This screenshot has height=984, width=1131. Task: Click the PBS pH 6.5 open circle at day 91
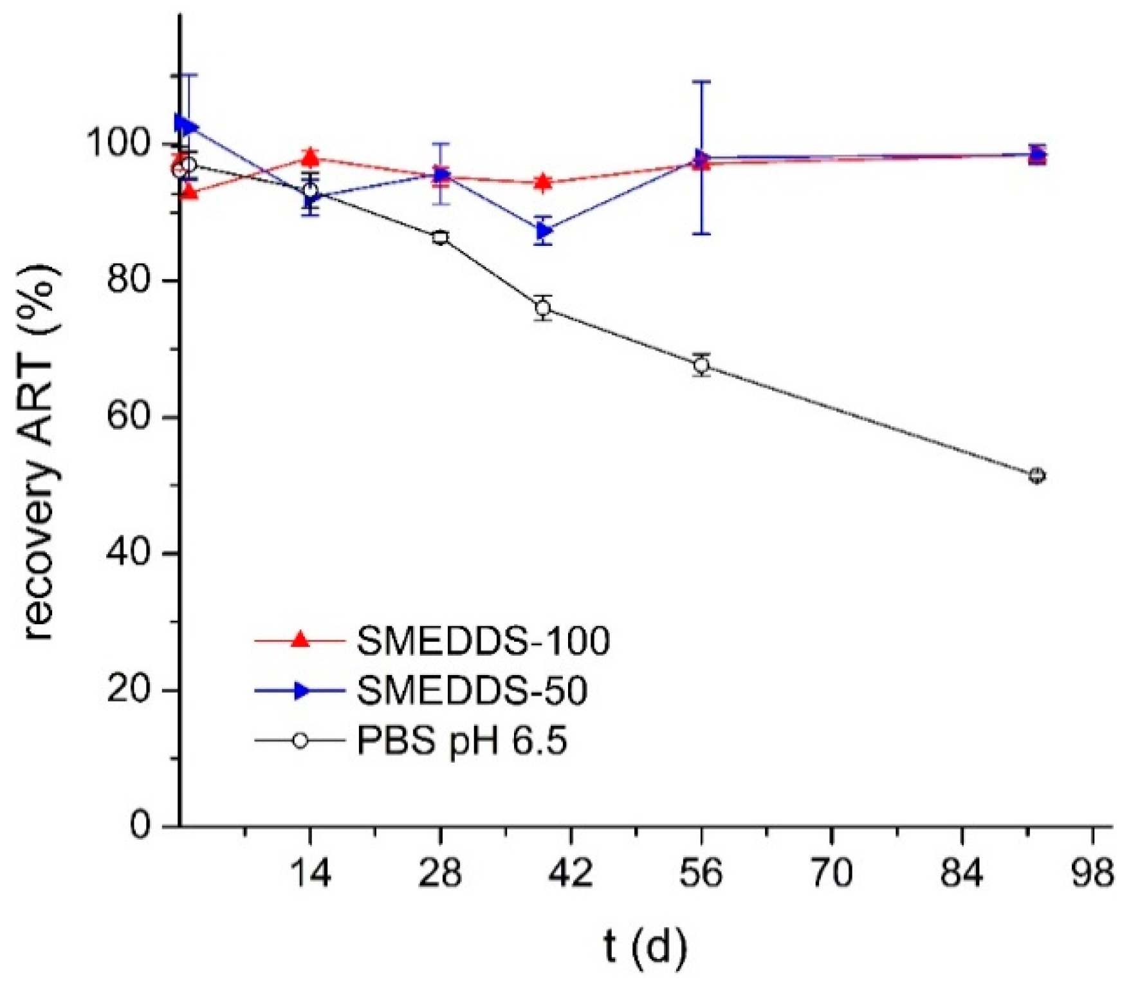point(1036,476)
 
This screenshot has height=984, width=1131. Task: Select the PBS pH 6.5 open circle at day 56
point(702,365)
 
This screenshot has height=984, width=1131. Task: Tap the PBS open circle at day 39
point(543,308)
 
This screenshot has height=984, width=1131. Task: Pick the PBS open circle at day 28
point(440,237)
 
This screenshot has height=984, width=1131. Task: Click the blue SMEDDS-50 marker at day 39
point(544,230)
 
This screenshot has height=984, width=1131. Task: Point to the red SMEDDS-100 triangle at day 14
point(310,156)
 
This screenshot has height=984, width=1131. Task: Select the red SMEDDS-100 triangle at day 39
point(543,182)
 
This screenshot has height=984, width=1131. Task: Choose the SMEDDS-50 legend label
point(472,691)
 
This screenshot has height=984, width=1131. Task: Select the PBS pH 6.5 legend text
point(462,741)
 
